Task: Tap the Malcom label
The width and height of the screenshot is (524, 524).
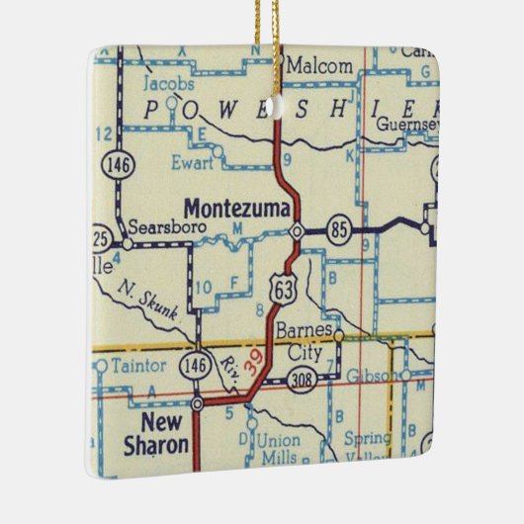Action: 318,66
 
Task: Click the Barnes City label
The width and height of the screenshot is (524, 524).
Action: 304,340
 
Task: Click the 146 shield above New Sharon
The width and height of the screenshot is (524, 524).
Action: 194,367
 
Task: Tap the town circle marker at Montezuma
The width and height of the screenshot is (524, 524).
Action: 297,231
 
